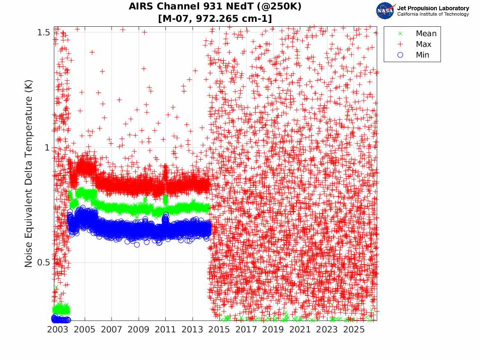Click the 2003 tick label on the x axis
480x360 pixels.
[x=58, y=330]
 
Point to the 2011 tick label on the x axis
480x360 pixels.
[x=165, y=330]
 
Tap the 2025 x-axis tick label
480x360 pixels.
[x=354, y=330]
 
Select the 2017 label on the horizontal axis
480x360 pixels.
[x=246, y=330]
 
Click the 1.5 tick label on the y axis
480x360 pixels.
[x=44, y=32]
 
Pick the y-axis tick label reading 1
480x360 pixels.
[x=47, y=148]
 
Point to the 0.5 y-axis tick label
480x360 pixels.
[x=44, y=262]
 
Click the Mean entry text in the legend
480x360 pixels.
[x=426, y=33]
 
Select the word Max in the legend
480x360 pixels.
[x=423, y=44]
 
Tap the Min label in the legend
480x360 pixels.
[x=422, y=55]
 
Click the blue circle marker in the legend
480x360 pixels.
[x=400, y=55]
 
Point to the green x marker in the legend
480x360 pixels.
[x=400, y=33]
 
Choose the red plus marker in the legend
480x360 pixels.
[x=400, y=44]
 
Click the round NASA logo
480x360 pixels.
[x=385, y=11]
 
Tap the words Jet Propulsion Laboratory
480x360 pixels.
[x=433, y=8]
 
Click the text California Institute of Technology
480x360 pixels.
[x=433, y=14]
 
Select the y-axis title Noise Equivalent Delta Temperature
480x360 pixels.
[x=28, y=174]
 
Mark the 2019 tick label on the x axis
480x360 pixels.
[x=273, y=330]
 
